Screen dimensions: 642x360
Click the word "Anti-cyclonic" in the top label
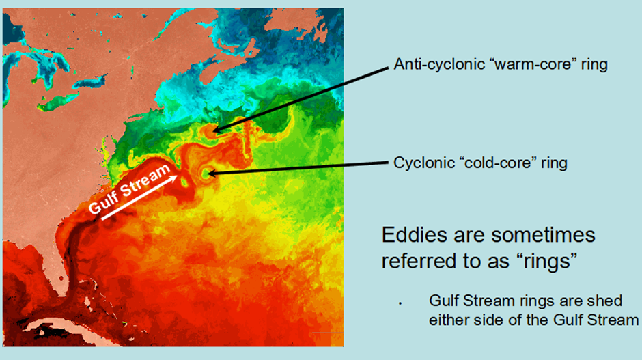439,65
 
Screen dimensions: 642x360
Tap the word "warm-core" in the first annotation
533,64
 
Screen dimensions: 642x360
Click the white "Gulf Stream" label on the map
129,189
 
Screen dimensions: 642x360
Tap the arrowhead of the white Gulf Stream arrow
173,178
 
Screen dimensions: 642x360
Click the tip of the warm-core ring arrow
213,131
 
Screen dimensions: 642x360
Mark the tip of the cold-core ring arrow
208,174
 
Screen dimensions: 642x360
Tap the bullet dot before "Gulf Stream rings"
400,303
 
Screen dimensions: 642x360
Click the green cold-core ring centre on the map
204,174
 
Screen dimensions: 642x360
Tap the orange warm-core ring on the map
209,130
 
